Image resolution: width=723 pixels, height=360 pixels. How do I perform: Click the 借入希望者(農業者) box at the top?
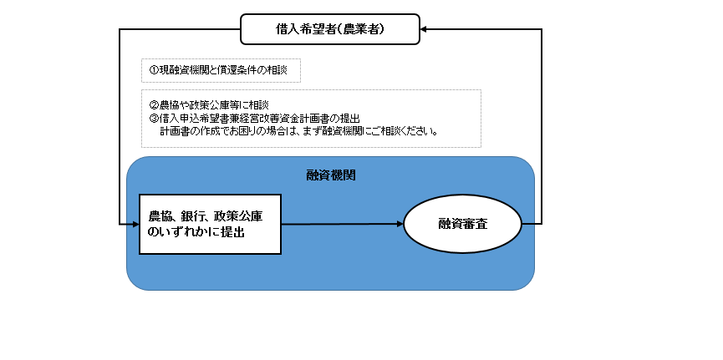click(x=330, y=29)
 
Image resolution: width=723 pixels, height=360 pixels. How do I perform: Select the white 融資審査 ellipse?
click(x=462, y=224)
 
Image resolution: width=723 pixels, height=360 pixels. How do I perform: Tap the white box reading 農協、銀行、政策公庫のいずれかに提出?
click(x=211, y=225)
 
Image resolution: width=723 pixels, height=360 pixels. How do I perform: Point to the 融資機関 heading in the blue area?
click(x=331, y=175)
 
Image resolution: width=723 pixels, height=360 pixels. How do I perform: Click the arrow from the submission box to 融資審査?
click(x=342, y=225)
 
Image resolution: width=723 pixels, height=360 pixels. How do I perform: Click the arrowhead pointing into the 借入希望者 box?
click(x=423, y=29)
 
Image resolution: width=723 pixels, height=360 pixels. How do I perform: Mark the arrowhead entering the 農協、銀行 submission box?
click(x=136, y=225)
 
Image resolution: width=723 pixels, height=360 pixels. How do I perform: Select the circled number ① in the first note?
click(x=154, y=70)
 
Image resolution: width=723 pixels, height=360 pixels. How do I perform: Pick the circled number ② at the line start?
click(x=154, y=105)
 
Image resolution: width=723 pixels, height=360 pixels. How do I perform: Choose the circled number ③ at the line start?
click(x=154, y=118)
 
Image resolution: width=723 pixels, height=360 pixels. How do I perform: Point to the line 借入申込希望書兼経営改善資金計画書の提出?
click(x=259, y=118)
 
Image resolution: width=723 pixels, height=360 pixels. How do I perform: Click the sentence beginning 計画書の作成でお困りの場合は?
click(x=298, y=131)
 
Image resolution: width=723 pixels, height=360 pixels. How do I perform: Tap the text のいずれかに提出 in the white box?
click(x=196, y=233)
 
